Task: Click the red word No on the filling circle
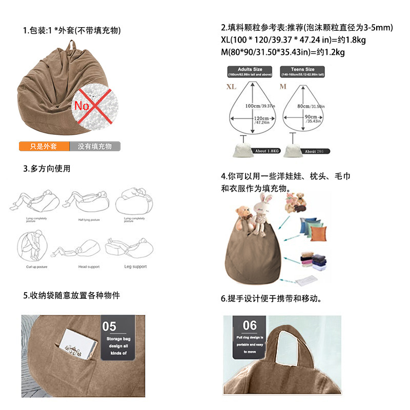click(x=82, y=106)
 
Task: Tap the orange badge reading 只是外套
click(x=44, y=147)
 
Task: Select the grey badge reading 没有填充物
click(x=95, y=147)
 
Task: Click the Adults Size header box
click(x=250, y=71)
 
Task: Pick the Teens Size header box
click(x=303, y=71)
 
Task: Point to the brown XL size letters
click(x=232, y=87)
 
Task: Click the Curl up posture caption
click(x=37, y=267)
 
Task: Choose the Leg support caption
click(x=135, y=266)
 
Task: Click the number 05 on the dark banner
click(x=110, y=326)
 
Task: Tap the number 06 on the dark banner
click(x=250, y=325)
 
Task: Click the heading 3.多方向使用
click(x=47, y=169)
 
